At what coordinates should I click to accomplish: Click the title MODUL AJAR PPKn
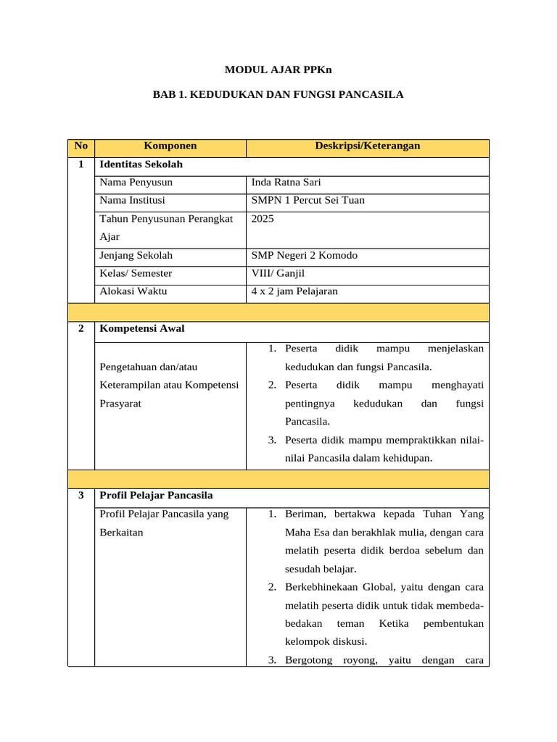pos(278,70)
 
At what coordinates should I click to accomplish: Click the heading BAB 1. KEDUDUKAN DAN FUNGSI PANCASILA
pos(278,95)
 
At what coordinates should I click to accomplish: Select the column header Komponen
pos(170,146)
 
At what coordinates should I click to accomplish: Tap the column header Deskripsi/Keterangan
pos(367,146)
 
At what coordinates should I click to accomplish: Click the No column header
pos(81,146)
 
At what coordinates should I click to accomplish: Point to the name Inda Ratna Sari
pos(286,183)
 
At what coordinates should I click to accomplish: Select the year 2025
pos(263,218)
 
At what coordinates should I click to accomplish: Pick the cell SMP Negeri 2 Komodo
pos(304,256)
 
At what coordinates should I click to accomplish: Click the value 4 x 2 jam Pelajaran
pos(294,291)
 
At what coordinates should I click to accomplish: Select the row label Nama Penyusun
pos(136,183)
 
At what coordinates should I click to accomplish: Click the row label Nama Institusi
pos(132,201)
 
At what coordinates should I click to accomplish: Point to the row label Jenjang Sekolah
pos(136,256)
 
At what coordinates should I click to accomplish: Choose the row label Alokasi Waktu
pos(133,291)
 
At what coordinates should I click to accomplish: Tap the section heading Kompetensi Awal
pos(141,329)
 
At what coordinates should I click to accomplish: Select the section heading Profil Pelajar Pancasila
pos(156,496)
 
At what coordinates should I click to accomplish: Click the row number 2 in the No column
pos(81,329)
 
